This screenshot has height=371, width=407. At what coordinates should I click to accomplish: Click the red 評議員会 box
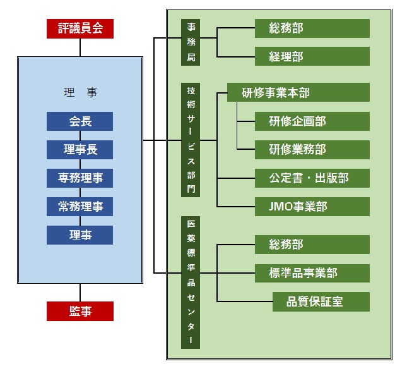point(80,28)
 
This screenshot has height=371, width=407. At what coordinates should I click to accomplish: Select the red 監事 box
point(80,311)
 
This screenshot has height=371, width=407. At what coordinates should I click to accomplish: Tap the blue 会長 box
point(80,121)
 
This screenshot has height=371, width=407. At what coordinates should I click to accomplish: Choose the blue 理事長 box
point(80,150)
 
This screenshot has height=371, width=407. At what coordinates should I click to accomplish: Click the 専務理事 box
point(80,178)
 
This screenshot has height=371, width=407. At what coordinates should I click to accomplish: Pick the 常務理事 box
point(80,207)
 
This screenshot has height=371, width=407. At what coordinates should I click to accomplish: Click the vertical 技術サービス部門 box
point(191,140)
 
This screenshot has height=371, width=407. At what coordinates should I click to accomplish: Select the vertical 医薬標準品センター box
point(191,282)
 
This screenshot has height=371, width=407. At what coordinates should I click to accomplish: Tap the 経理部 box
point(312,57)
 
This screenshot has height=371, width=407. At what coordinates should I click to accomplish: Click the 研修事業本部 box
point(298,93)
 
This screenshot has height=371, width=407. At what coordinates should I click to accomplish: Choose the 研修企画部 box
point(312,121)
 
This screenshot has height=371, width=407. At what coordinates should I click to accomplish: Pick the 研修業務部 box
point(312,150)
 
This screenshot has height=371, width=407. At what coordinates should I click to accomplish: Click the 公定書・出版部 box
point(312,178)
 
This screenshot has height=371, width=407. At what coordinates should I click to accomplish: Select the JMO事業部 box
point(312,207)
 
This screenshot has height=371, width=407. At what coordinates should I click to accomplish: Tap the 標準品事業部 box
point(312,273)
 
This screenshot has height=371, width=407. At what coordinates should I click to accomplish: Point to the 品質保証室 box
point(321,301)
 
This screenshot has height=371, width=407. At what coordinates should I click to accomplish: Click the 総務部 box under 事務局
point(312,28)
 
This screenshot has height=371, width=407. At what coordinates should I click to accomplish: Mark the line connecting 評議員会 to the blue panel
point(80,47)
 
